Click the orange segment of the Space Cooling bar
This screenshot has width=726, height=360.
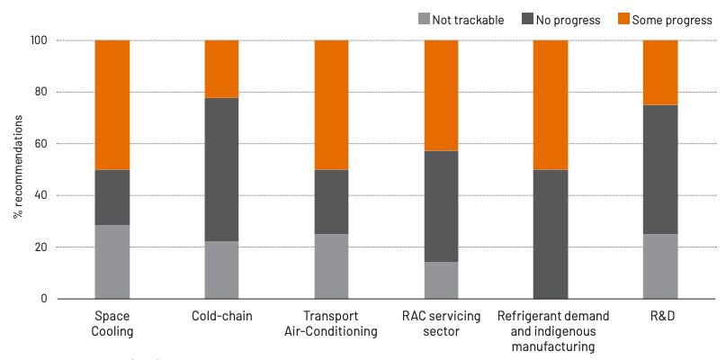coord(112,104)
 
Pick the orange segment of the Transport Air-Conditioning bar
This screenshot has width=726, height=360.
coord(331,104)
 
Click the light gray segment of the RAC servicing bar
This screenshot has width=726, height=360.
coord(441,280)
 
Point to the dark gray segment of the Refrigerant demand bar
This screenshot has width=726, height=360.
coord(551,234)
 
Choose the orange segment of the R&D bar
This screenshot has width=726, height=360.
coord(660,72)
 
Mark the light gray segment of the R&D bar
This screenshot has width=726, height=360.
coord(660,266)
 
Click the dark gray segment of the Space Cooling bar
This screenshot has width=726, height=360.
coord(112,197)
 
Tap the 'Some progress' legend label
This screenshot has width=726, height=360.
coord(672,19)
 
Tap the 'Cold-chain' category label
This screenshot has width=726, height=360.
coord(222,317)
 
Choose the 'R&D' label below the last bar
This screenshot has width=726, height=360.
coord(660,317)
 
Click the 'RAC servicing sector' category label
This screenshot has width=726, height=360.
coord(441,324)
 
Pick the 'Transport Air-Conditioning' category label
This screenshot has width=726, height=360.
coord(331,324)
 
